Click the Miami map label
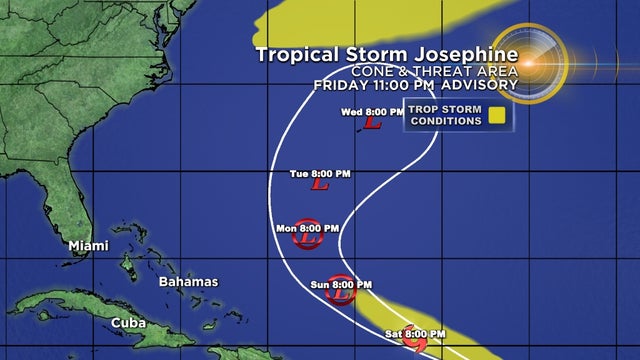89,246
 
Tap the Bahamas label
188,282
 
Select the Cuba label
128,322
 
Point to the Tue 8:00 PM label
320,174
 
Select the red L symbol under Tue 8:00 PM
320,185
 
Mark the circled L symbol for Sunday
341,293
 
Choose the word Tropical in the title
292,53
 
